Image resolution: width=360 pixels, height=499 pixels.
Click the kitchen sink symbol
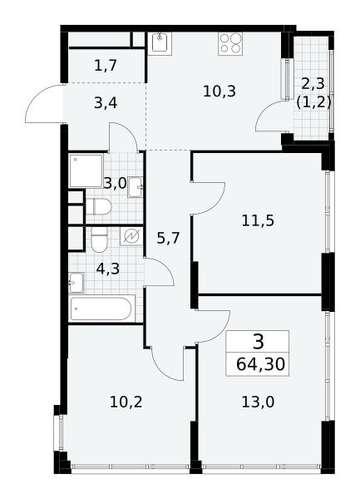coord(160,43)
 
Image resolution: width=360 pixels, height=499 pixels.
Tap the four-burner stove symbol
coord(230,43)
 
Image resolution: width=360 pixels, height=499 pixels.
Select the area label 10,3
coord(219,91)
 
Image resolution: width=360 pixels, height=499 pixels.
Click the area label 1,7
coord(106,66)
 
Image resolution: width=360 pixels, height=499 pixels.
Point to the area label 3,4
coord(106,103)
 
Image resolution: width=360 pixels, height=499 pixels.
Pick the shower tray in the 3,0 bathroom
coord(86,170)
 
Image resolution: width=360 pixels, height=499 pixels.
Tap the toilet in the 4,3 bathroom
coord(99,240)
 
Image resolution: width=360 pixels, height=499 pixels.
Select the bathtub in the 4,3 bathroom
coord(101,308)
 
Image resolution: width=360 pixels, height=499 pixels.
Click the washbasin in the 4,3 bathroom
coord(76,282)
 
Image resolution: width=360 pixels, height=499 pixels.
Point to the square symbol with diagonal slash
coord(131,236)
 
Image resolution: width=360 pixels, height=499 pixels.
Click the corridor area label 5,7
coord(168,238)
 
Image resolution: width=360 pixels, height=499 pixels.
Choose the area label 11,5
coord(258,220)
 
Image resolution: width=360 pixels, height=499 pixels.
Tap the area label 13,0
coord(258,402)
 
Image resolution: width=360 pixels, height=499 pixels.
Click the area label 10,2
coord(126,402)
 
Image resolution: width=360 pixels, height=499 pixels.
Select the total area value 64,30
coord(260,364)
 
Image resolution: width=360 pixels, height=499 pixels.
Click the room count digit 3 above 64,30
coord(259,342)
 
